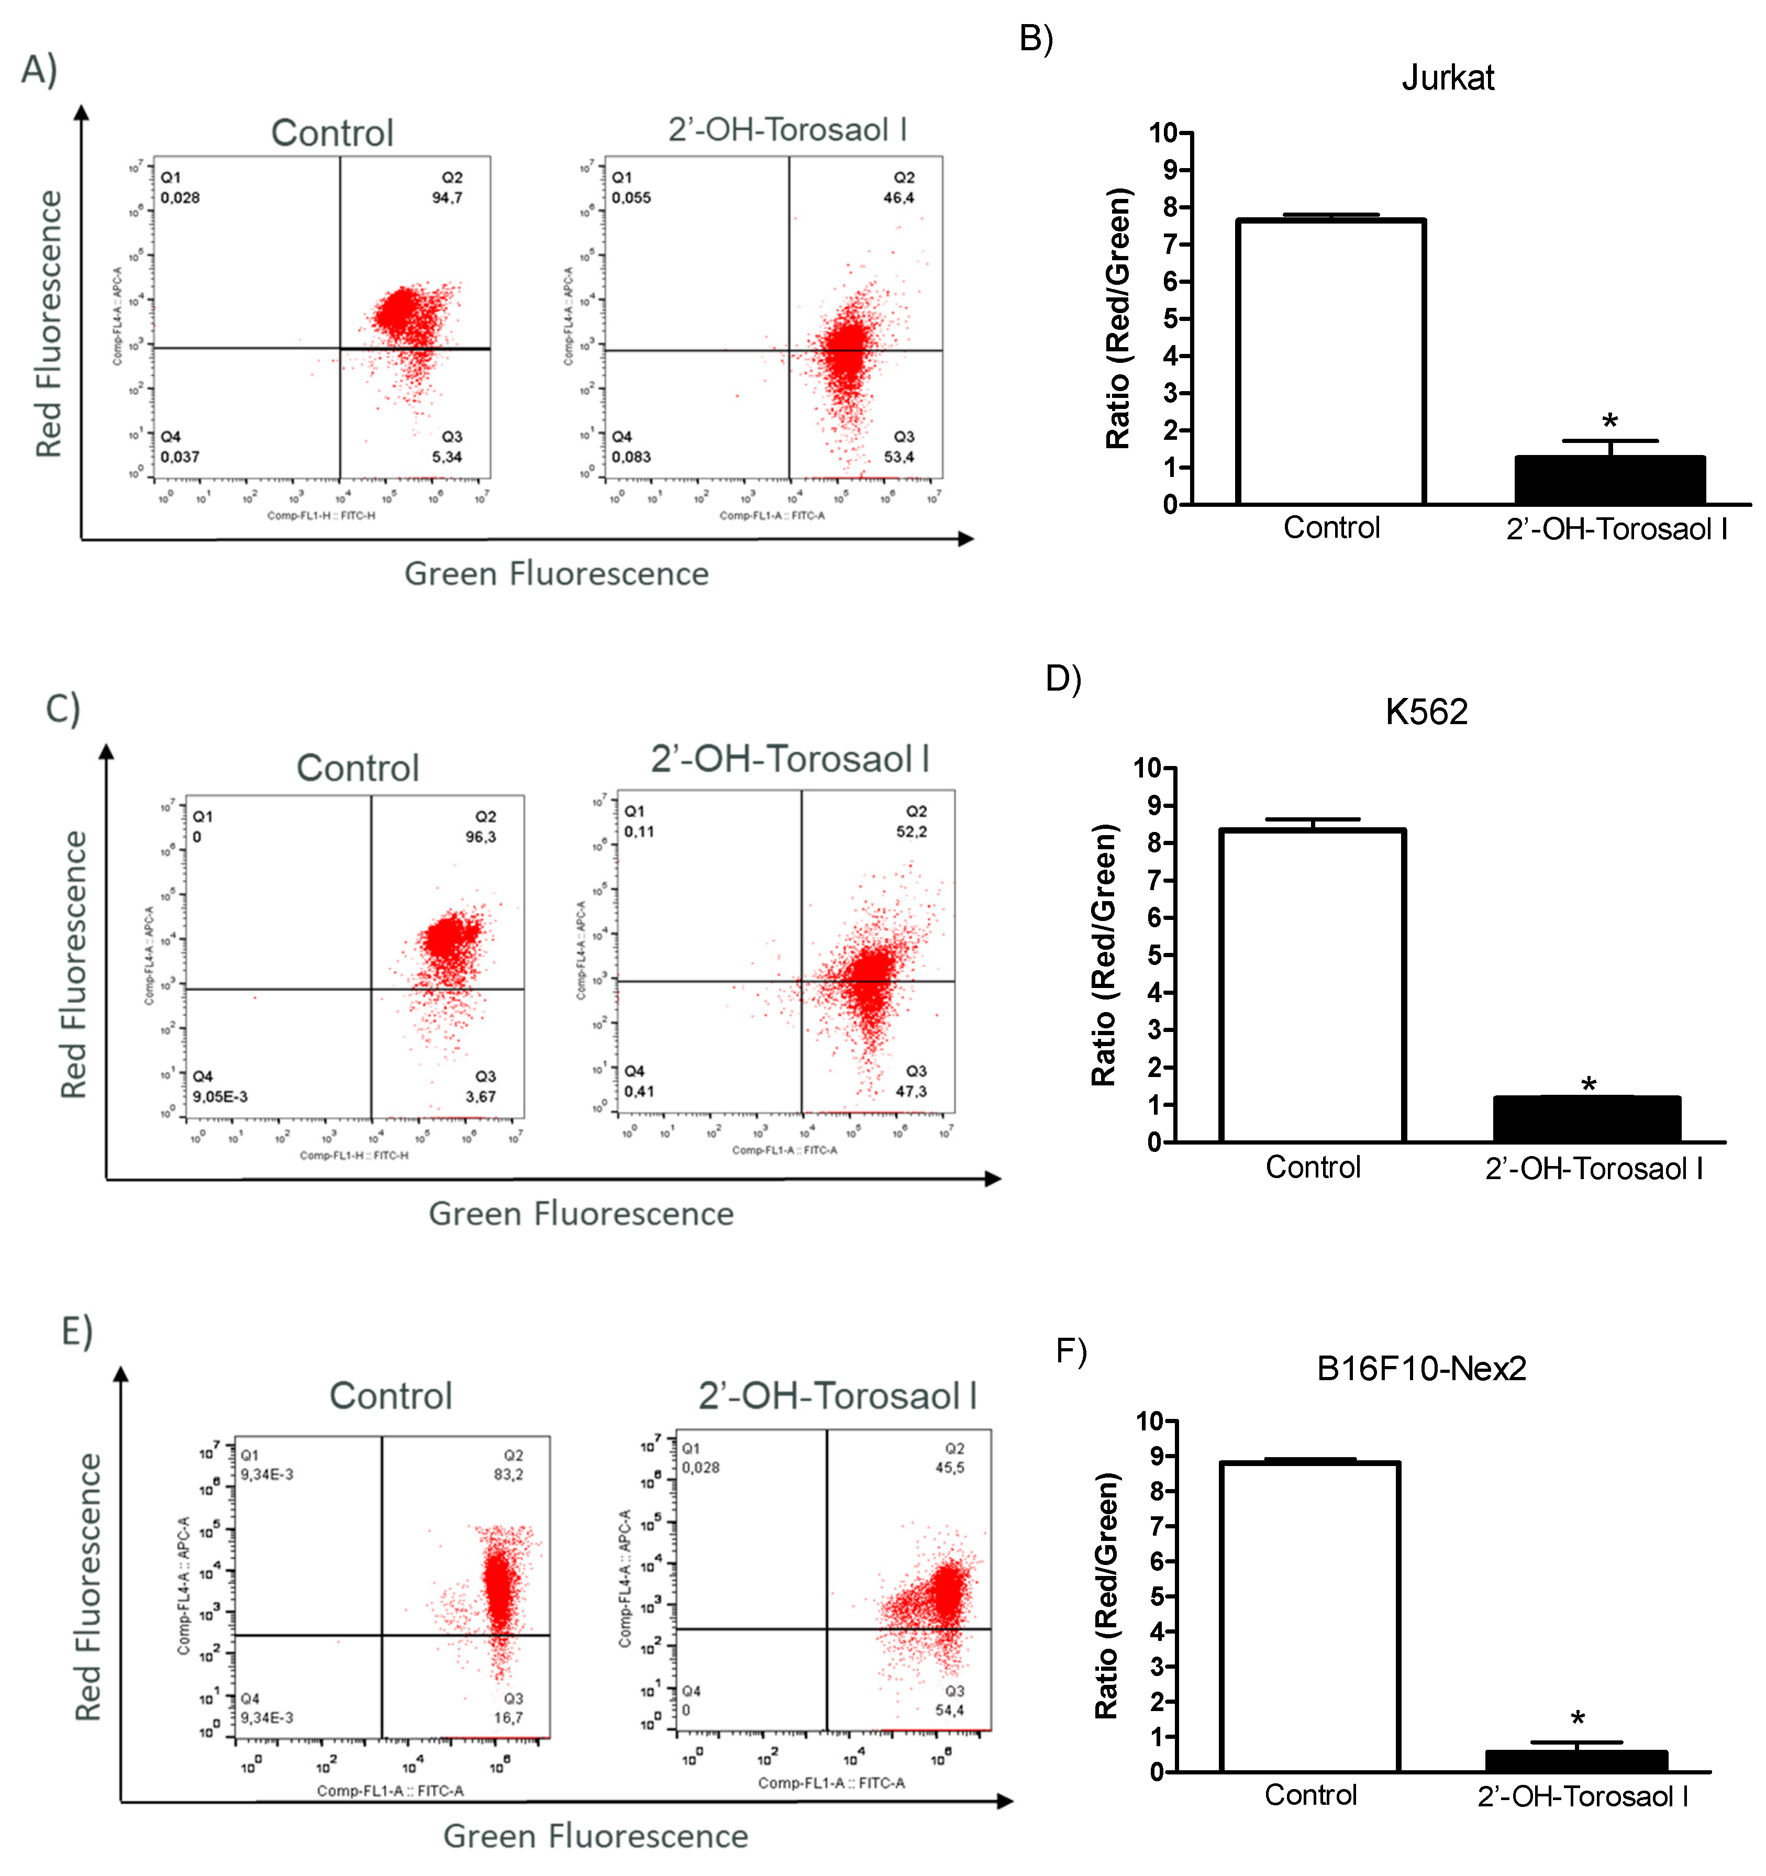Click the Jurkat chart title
click(1447, 77)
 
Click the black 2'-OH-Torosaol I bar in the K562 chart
click(1586, 1119)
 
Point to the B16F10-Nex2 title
click(1420, 1368)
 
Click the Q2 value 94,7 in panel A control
click(448, 198)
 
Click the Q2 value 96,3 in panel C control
click(481, 837)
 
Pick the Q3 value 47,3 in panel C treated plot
click(911, 1092)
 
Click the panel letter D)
click(1063, 679)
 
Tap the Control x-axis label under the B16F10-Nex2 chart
click(1310, 1795)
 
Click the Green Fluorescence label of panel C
click(581, 1214)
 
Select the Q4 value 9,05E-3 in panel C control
click(220, 1096)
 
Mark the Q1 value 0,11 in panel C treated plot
click(639, 831)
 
